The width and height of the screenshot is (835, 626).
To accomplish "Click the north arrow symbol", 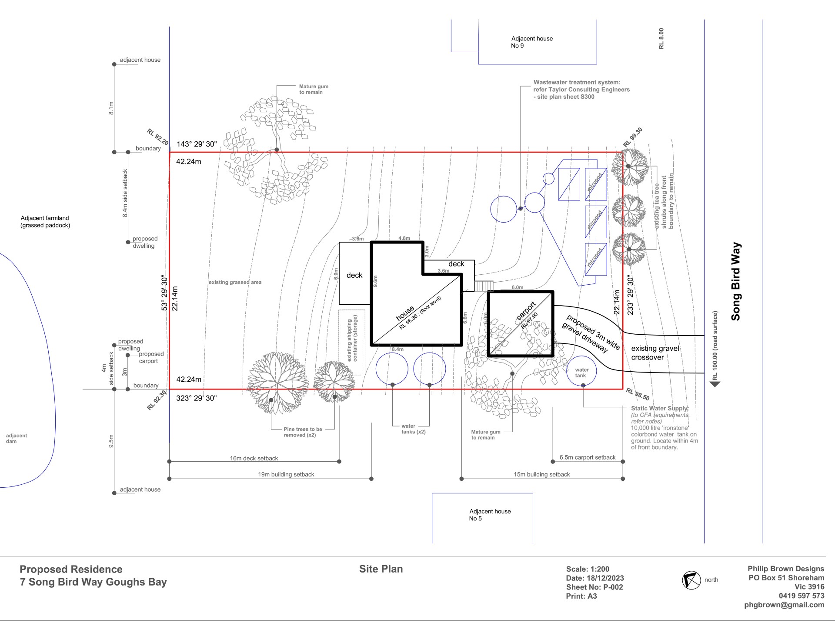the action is (x=691, y=580).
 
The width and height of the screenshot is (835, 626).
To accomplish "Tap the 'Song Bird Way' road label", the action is (x=736, y=281).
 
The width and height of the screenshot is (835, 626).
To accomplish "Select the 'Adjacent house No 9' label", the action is (x=531, y=42).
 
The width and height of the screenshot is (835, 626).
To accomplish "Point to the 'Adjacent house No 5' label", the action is (x=490, y=515).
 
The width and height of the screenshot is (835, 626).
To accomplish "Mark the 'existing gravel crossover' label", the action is (x=655, y=353).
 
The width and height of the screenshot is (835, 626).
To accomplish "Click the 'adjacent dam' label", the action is (x=17, y=439).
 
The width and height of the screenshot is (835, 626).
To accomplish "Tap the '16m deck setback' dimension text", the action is (x=254, y=458).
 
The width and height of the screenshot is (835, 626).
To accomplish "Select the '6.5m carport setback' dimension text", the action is (x=588, y=457).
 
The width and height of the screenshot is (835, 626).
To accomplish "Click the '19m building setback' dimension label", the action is (x=286, y=475).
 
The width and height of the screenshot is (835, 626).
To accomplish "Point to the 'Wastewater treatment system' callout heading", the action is (x=577, y=82).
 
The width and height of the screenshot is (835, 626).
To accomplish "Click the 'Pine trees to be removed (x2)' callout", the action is (x=303, y=432).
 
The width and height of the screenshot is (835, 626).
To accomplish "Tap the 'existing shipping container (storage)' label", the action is (x=352, y=341).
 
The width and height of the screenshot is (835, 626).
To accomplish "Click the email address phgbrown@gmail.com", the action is (x=784, y=605).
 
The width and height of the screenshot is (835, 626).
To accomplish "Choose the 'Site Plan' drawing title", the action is (x=381, y=569).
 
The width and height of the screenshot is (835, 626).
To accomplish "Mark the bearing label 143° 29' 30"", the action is (x=197, y=144).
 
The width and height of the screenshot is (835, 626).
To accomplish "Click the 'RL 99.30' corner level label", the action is (x=633, y=137).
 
